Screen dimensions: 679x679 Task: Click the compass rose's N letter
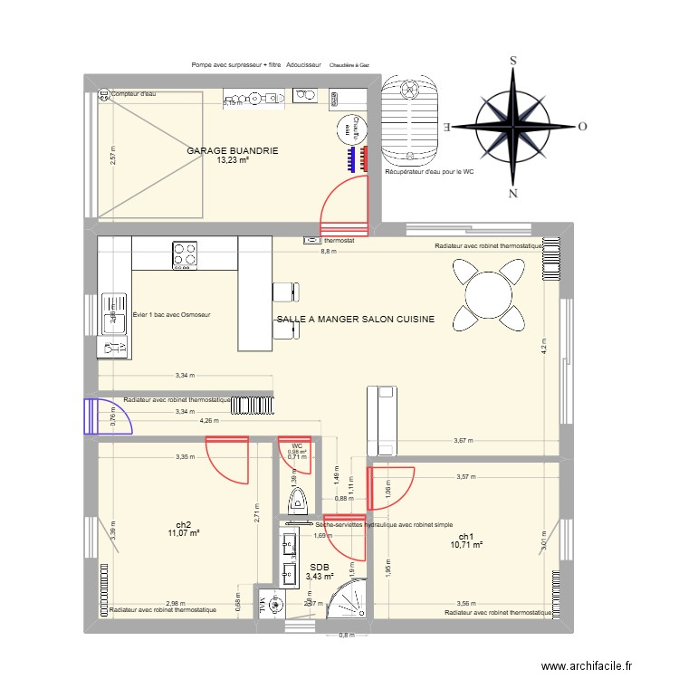pos(513,193)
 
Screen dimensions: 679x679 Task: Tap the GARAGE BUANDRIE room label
pos(233,151)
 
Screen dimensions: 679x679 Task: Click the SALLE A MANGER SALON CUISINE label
pos(355,320)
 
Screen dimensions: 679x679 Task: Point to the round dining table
pos(489,294)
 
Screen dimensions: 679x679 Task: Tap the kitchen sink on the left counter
pos(114,312)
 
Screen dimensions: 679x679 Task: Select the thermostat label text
pos(339,242)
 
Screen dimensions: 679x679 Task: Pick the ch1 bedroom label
pos(467,535)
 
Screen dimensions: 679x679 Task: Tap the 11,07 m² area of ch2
pos(183,533)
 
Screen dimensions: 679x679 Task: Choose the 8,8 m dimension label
pos(327,252)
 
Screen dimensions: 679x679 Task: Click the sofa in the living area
pos(381,420)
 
